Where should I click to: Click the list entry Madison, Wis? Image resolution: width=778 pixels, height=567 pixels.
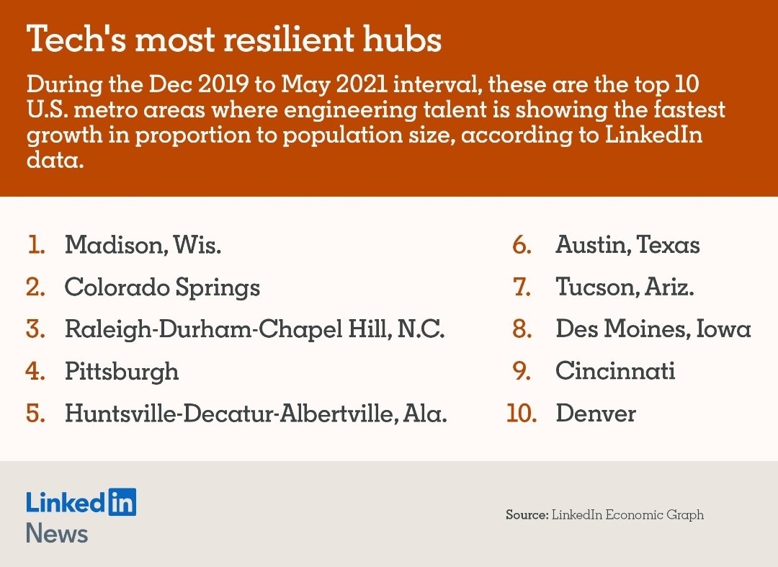143,244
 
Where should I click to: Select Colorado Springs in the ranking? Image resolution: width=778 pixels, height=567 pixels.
162,288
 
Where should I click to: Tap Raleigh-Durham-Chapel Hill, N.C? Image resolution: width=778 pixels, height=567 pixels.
254,330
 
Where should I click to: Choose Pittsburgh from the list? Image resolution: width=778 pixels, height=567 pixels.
122,372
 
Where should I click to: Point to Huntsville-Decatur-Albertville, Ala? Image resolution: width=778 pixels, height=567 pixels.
256,414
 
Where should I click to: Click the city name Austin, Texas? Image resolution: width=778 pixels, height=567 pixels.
627,244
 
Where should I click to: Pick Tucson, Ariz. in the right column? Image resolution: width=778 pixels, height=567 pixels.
625,287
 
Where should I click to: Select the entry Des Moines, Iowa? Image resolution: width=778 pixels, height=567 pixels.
653,329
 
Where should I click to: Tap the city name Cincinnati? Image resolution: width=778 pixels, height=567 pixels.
615,371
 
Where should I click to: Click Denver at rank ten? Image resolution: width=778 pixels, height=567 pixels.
596,414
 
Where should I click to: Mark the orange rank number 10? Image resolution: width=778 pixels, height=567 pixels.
522,414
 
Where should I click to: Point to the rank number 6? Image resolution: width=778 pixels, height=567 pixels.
522,244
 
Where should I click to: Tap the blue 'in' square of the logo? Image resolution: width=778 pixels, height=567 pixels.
122,502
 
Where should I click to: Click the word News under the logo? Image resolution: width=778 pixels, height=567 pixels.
57,533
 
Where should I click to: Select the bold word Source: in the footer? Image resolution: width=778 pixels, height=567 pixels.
527,515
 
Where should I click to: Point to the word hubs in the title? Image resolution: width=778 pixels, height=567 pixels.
402,39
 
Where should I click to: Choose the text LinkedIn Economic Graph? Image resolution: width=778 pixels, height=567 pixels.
627,515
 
